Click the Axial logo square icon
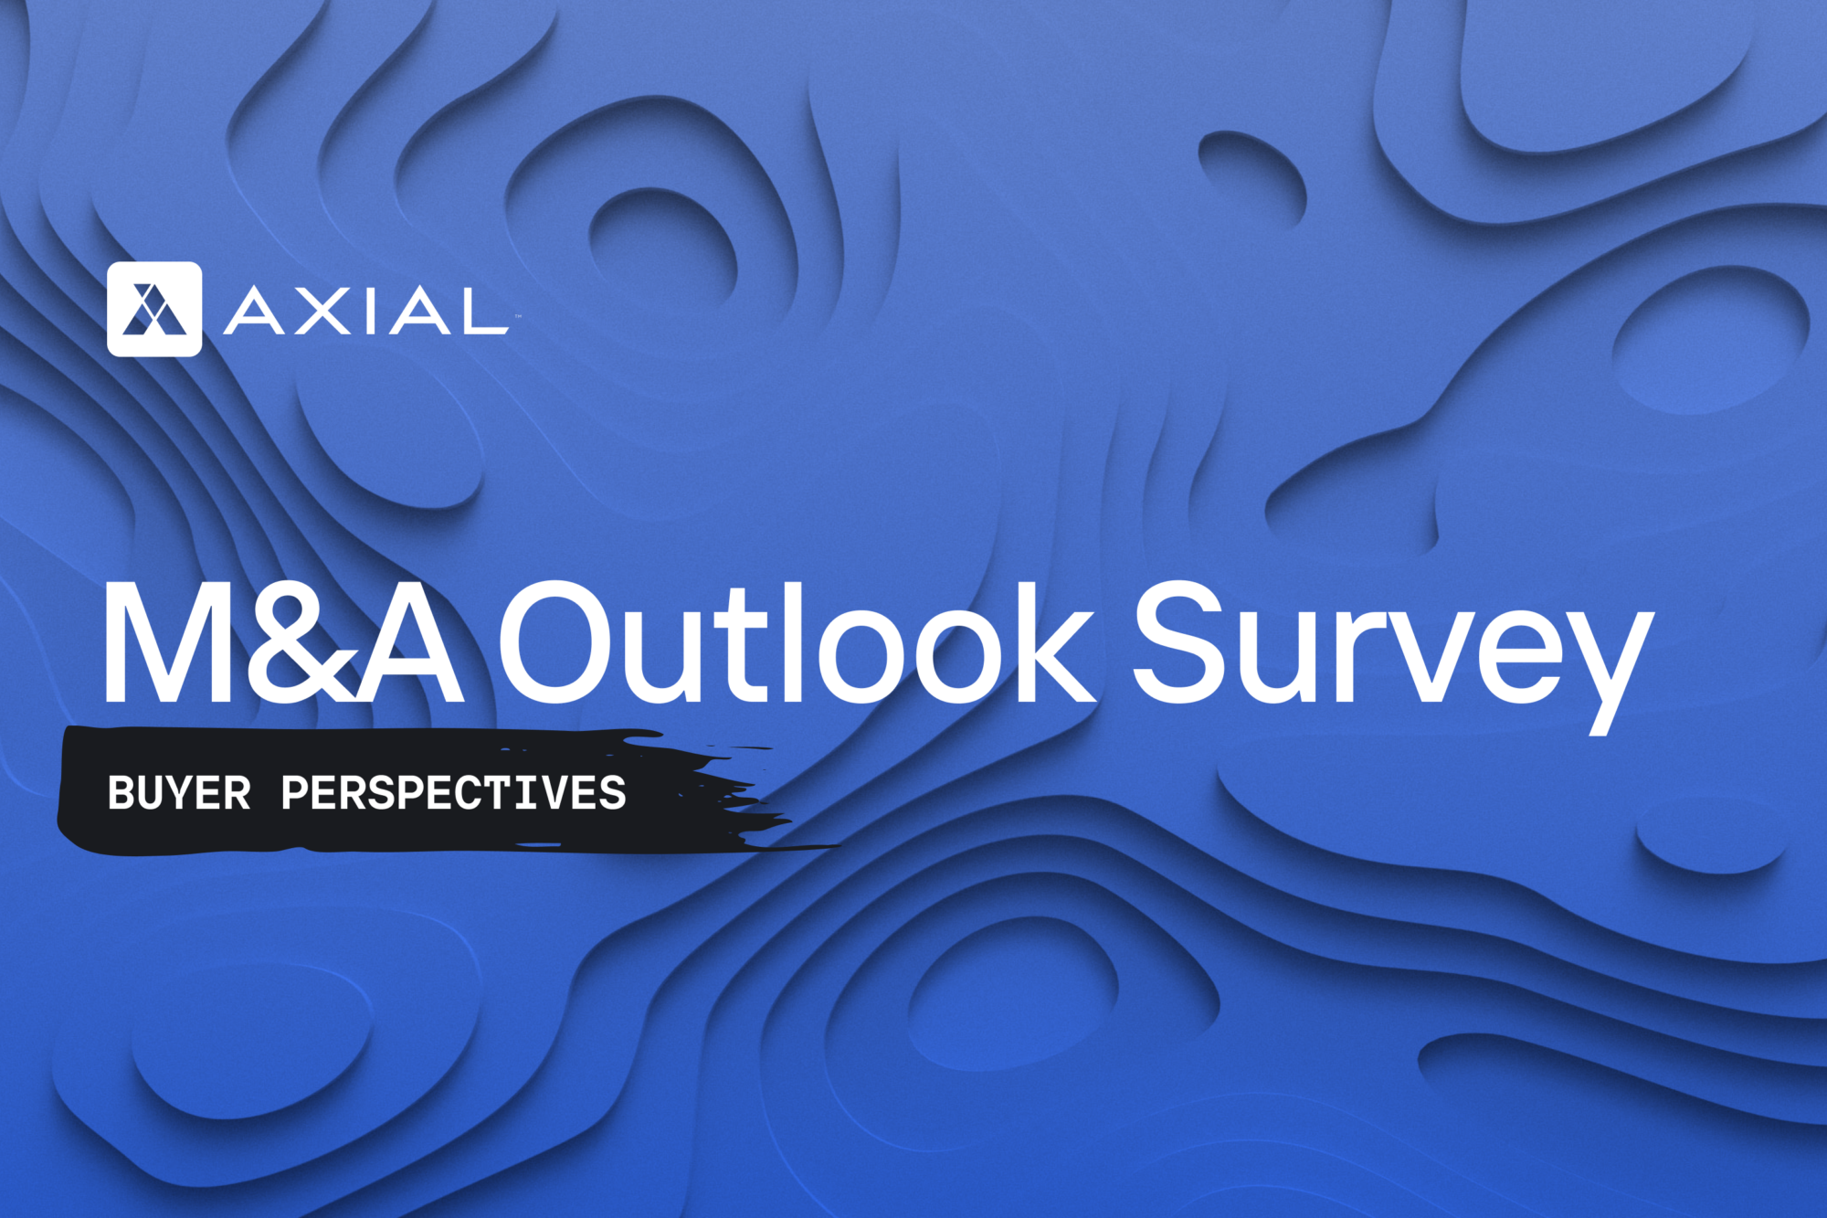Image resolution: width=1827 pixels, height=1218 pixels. tap(154, 309)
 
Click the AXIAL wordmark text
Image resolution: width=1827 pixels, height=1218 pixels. tap(365, 311)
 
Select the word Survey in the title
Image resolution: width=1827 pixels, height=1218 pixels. tap(1393, 656)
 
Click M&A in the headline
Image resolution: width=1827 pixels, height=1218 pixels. tap(284, 642)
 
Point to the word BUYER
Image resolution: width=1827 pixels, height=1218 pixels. tap(179, 793)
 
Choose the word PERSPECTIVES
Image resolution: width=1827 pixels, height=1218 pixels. tap(454, 793)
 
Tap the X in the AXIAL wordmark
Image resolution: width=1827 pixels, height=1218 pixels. tap(317, 311)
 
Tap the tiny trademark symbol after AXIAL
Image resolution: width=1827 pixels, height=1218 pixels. tap(517, 316)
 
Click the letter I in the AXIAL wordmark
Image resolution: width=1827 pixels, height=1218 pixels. tap(364, 311)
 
